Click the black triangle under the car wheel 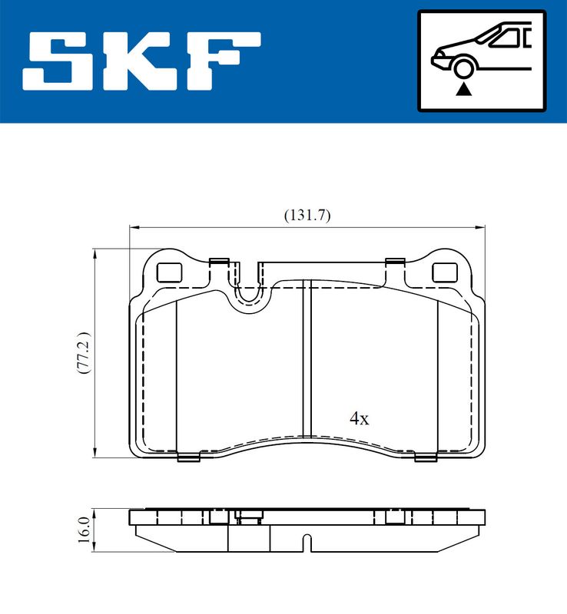click(463, 90)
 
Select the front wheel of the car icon click(463, 68)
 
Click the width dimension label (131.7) click(307, 215)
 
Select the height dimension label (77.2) click(84, 353)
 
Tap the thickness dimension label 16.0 click(84, 530)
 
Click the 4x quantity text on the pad click(360, 418)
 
